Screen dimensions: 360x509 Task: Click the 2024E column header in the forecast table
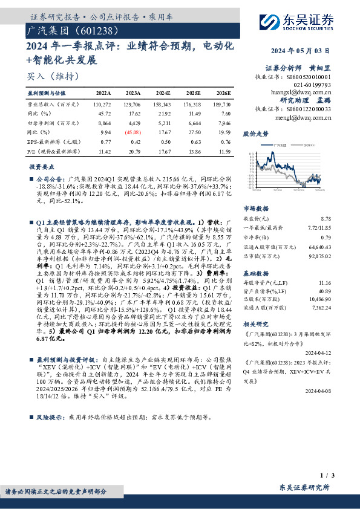tap(163, 94)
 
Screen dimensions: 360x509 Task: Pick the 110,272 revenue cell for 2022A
tap(103, 105)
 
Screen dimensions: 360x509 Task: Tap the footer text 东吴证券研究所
tap(304, 487)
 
